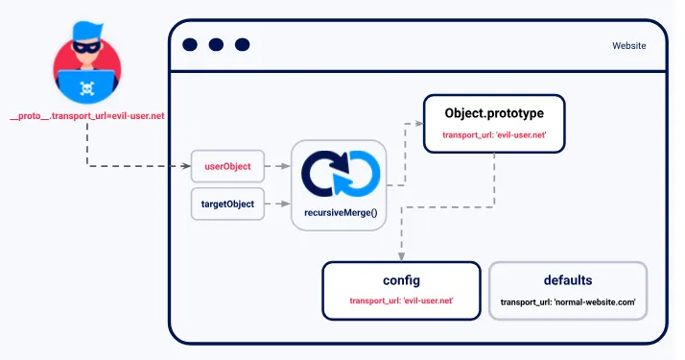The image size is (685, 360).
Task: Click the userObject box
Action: (227, 166)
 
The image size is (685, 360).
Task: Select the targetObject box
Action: (227, 204)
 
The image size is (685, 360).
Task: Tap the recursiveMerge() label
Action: (338, 210)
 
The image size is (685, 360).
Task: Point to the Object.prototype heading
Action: (494, 112)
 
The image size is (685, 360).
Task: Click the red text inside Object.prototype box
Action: (494, 135)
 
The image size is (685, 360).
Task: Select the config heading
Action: (401, 280)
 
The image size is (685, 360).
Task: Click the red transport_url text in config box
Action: (401, 301)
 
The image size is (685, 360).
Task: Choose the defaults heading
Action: (568, 280)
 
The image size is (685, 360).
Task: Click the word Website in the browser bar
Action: (628, 45)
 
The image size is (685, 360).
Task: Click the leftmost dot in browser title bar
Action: (189, 44)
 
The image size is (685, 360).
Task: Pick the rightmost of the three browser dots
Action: (242, 44)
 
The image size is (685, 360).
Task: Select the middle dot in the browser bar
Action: (215, 44)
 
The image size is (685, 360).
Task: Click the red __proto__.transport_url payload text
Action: (87, 116)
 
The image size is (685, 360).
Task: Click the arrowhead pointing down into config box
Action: (401, 256)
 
